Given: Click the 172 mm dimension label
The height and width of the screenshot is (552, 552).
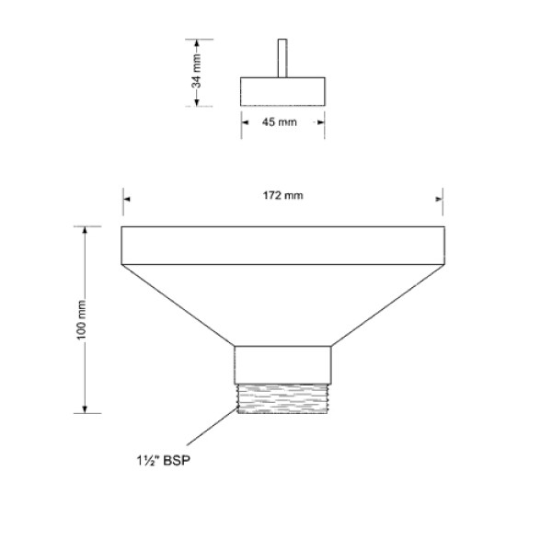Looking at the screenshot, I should tap(282, 197).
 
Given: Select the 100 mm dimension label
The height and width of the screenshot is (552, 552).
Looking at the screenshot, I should tap(81, 319).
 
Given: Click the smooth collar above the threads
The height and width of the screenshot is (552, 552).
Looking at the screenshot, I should tap(282, 364).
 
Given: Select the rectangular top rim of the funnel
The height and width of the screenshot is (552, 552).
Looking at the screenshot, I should tap(282, 246).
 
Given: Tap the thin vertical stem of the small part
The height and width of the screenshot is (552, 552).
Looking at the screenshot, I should tap(283, 58).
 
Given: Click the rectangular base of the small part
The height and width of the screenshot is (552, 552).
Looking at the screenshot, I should tap(283, 92).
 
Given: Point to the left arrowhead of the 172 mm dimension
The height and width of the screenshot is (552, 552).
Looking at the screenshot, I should tap(127, 197).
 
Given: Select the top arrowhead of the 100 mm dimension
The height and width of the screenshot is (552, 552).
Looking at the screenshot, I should tap(86, 230).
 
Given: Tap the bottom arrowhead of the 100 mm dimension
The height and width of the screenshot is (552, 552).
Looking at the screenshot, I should tap(86, 409).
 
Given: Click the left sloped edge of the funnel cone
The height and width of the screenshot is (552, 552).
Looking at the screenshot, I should tap(179, 306).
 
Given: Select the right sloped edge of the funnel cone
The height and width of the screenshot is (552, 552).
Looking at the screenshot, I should tap(386, 306).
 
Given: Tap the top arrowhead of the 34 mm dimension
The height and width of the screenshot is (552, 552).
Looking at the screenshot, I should tap(196, 42).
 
